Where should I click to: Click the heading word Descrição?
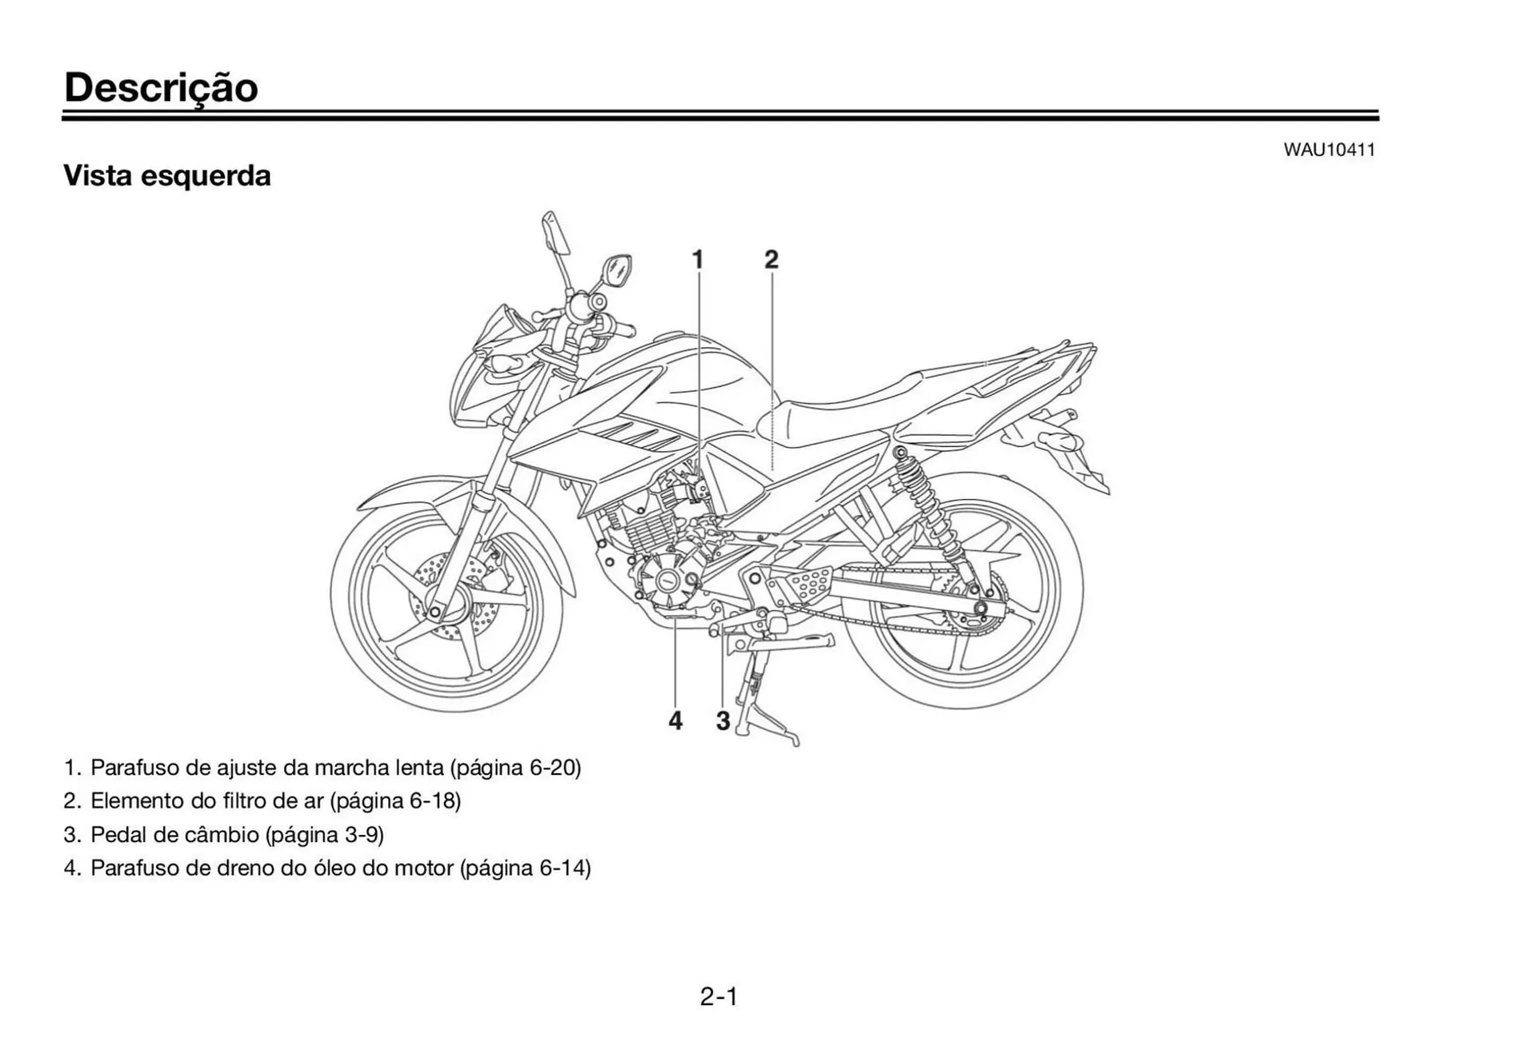click(161, 88)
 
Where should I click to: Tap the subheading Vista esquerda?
click(166, 175)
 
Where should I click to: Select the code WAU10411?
click(1329, 150)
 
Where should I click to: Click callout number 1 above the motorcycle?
click(697, 259)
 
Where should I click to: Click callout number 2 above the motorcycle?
click(770, 259)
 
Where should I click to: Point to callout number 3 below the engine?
click(722, 721)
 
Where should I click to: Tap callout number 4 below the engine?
click(675, 721)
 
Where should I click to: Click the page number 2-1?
click(718, 996)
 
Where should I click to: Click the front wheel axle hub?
click(435, 613)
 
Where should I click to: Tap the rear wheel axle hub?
click(979, 609)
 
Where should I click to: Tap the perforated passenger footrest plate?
click(806, 582)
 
